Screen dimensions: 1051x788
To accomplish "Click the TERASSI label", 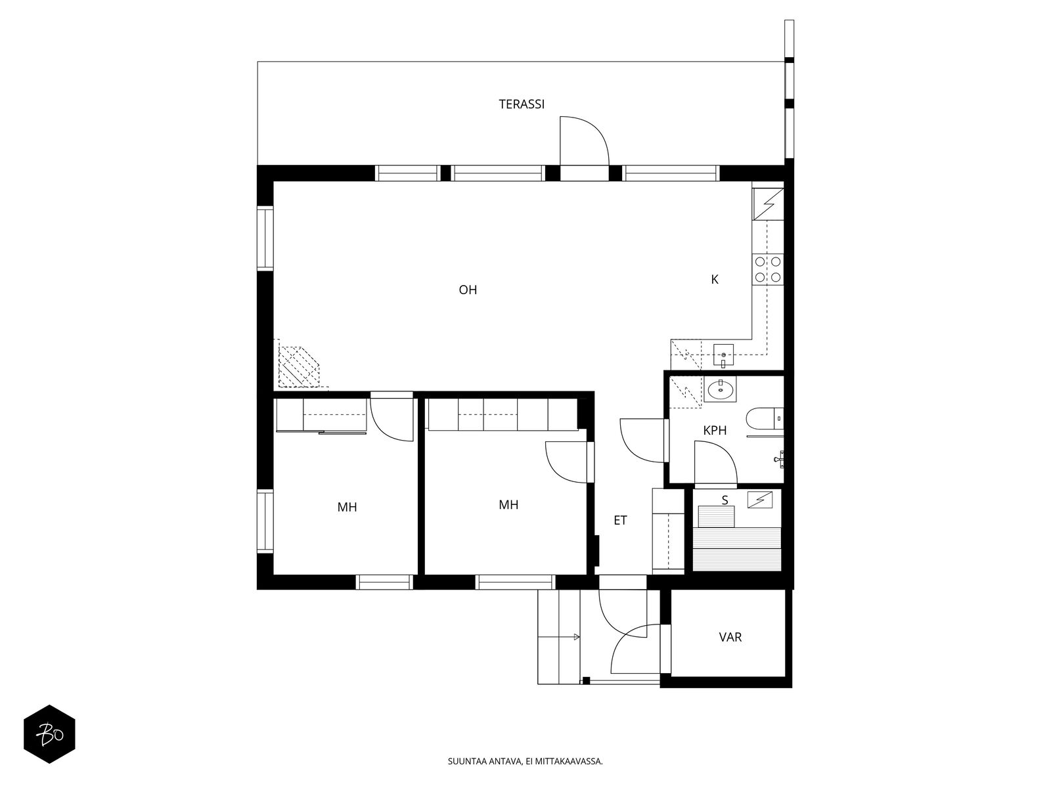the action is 522,104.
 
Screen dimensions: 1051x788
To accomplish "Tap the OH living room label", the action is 468,290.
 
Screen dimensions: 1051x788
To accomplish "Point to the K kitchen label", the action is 715,280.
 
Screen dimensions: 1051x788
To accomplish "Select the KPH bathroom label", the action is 715,431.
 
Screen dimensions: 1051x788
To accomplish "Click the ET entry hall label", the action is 620,521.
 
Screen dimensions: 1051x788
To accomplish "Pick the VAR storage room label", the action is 730,637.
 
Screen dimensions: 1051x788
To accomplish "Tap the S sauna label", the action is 725,500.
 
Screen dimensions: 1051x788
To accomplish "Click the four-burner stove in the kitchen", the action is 768,269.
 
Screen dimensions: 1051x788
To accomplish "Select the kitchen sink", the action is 723,355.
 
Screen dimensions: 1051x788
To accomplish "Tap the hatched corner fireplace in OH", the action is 300,366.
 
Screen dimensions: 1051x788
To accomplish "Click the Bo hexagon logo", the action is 49,734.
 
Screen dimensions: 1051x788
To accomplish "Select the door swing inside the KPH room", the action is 716,462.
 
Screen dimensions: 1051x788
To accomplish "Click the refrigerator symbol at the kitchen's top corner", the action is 768,204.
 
